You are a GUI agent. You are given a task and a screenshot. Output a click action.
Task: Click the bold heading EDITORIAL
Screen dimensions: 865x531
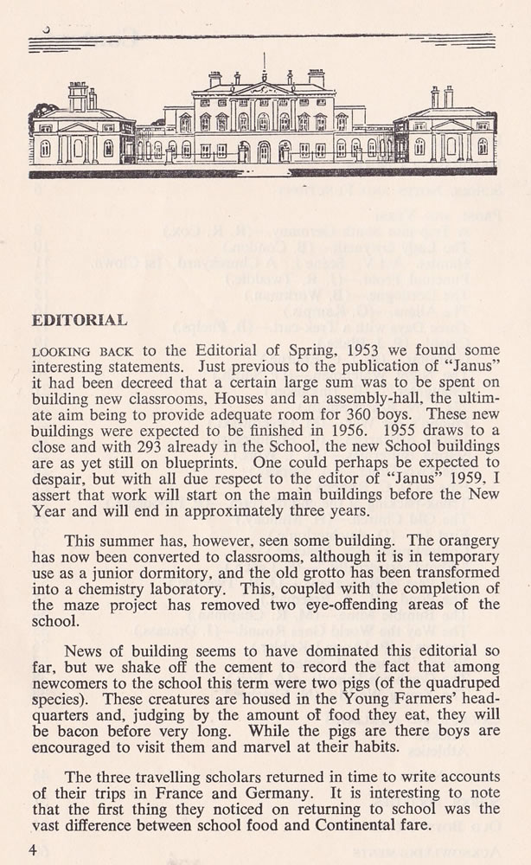[80, 320]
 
